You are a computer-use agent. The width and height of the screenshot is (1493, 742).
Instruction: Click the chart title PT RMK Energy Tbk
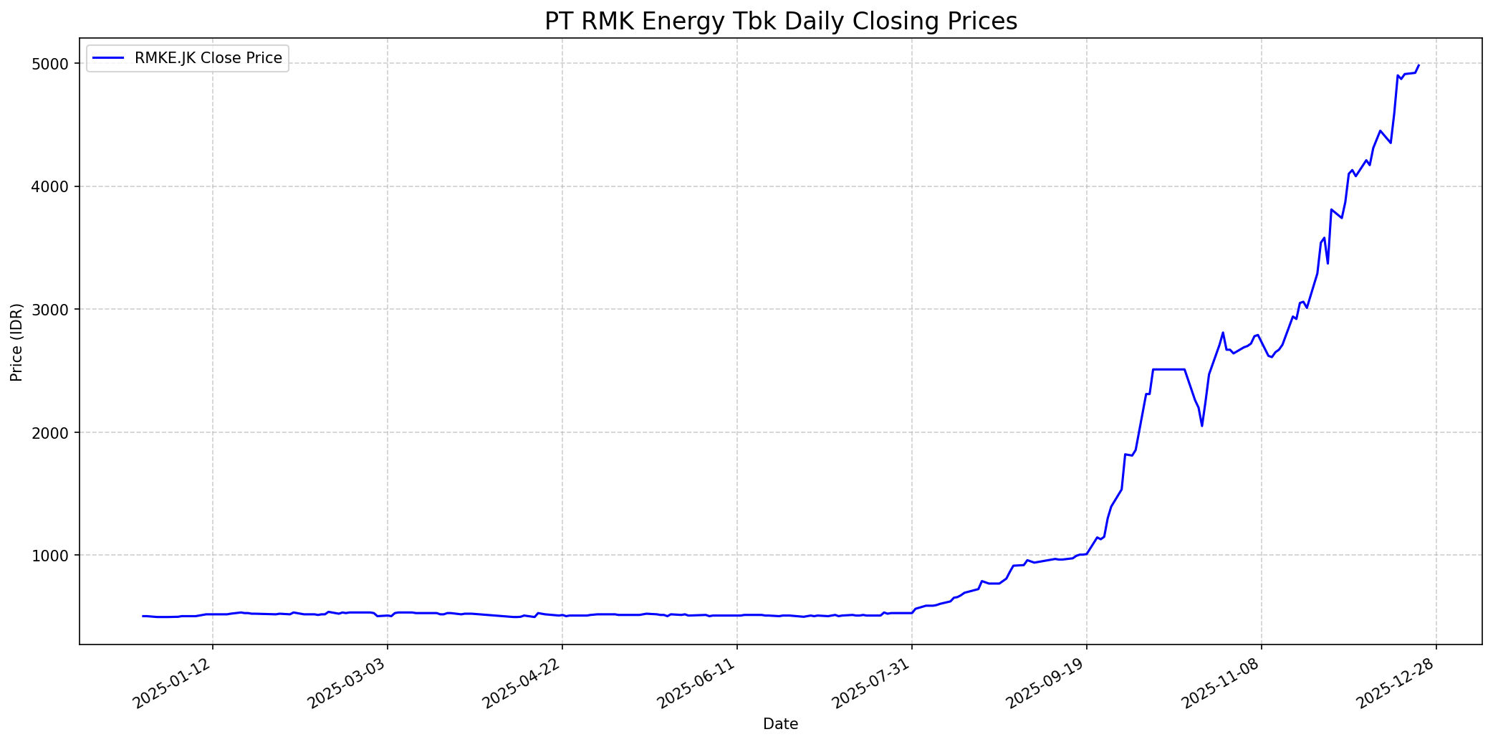(780, 22)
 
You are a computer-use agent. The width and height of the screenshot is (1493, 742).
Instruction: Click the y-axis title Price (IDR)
(16, 342)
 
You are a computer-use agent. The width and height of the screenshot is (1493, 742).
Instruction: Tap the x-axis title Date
(780, 724)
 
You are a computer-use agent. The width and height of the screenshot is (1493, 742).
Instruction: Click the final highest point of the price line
(1418, 65)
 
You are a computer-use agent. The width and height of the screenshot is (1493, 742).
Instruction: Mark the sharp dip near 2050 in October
(1202, 426)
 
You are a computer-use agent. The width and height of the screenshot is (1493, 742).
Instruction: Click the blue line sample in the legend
(109, 58)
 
